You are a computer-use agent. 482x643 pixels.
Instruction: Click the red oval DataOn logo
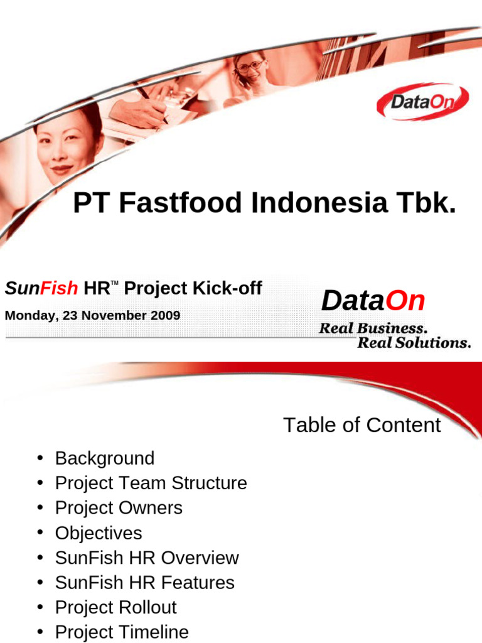(x=422, y=102)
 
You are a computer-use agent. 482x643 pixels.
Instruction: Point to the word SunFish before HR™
(x=41, y=288)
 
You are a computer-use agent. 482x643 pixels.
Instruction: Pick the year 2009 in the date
(x=164, y=315)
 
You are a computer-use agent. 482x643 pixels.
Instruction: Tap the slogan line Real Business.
(x=373, y=328)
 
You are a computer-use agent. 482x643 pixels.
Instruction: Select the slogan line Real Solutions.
(x=414, y=343)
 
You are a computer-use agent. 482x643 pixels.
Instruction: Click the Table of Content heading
(x=361, y=425)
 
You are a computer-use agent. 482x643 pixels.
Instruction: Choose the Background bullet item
(x=104, y=458)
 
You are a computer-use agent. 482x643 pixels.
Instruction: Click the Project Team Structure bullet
(x=151, y=484)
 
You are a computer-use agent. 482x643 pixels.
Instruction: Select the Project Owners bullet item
(x=119, y=508)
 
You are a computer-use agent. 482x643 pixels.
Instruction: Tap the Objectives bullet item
(x=99, y=533)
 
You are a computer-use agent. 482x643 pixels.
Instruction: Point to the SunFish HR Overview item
(x=147, y=558)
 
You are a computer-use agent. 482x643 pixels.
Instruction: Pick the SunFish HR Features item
(x=144, y=583)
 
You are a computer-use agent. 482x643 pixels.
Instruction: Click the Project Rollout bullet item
(x=115, y=607)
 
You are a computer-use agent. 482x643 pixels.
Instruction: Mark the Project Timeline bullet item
(x=122, y=632)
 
